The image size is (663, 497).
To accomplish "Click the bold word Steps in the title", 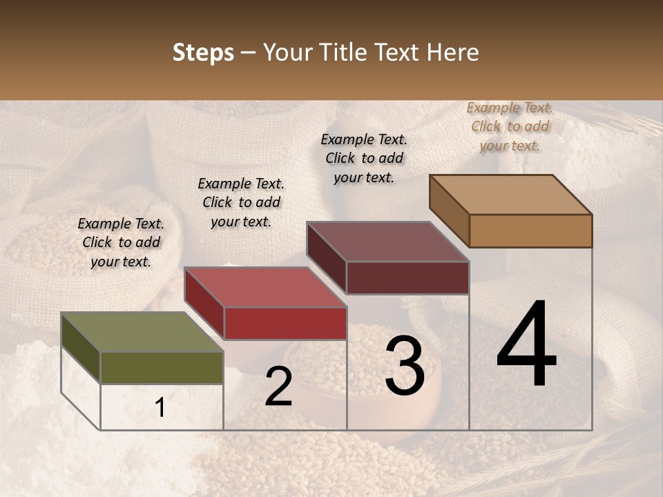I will coord(203,53).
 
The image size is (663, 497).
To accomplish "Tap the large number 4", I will coord(526,344).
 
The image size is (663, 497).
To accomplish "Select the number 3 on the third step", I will coord(405,366).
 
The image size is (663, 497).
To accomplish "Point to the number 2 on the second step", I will coord(278,387).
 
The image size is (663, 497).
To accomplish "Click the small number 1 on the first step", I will coord(160,408).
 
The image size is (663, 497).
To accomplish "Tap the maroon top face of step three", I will coord(387,242).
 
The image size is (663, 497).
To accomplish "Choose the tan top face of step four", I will coord(510,195).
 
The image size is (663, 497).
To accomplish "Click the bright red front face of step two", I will coord(285,323).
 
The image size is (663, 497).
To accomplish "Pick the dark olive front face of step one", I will coord(162,367).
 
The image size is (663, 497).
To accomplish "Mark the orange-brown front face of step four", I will coord(530,231).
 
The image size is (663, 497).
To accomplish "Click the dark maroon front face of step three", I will coord(407,277).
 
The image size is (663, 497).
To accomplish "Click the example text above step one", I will coord(121,242).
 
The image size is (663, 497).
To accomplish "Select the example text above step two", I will coord(241,202).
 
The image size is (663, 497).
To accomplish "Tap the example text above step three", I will coord(364,158).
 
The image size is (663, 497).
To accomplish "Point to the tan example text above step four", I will coord(510,126).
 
